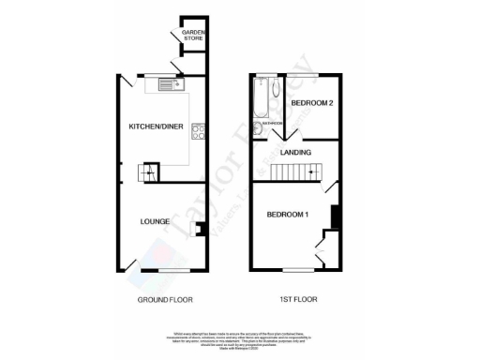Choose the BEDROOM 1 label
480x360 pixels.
[288, 214]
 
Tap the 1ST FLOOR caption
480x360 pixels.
[295, 299]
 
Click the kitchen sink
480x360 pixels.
[171, 85]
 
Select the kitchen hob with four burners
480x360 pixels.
[196, 132]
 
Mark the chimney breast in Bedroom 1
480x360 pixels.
[335, 215]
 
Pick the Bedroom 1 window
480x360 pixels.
[292, 270]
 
